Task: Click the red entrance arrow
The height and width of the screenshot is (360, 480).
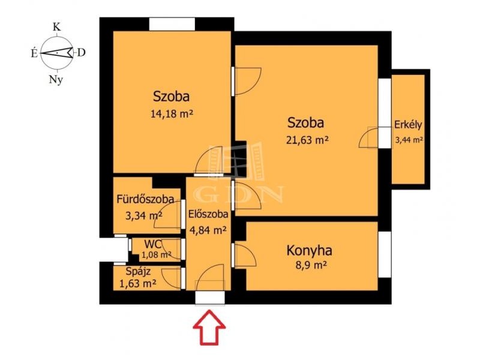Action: pos(209,327)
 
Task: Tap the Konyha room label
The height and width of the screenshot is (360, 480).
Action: pos(309,250)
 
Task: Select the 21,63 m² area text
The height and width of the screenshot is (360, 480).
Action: pos(307,140)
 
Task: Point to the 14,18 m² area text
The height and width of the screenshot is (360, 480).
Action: pos(172,114)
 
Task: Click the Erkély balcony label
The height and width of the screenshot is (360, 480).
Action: pos(408,125)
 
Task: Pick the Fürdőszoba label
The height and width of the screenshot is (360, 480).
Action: pos(145,199)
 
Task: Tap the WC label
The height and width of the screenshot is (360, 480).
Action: pos(153,244)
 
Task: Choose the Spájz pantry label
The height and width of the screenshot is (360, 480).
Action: pos(138,272)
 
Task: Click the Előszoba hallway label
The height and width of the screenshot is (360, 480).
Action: pos(208,214)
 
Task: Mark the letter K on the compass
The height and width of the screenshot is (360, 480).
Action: pos(56,27)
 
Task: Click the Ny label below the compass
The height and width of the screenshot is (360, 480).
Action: pos(56,80)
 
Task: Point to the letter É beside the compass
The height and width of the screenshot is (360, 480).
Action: pos(34,54)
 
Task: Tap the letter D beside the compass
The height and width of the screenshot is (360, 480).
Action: pos(81,53)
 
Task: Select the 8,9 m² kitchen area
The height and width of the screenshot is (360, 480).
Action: pos(310,265)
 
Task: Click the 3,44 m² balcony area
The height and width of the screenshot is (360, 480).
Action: pos(409,140)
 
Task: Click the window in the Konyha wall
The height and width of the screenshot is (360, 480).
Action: pos(385,254)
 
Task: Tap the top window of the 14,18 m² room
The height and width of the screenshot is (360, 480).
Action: pos(172,24)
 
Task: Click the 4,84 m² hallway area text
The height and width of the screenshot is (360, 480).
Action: pos(208,230)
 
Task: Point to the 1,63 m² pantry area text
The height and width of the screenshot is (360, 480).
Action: pos(137,284)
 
